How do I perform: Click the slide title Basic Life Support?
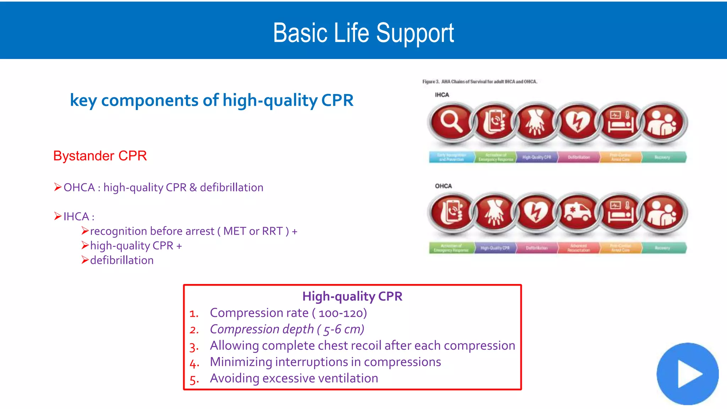(363, 33)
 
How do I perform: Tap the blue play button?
(687, 373)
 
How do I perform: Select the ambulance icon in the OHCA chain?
(578, 213)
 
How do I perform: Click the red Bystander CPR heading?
(100, 156)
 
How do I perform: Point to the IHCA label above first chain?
(442, 95)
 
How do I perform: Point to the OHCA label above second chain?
(443, 186)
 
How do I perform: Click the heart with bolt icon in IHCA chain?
(578, 122)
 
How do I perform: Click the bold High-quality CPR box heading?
(352, 296)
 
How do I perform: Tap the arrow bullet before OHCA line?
(58, 187)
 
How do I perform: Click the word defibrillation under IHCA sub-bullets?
(122, 260)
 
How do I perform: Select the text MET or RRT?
(253, 231)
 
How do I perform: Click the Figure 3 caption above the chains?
(480, 82)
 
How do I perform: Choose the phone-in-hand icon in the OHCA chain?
(451, 213)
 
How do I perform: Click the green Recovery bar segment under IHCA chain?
(662, 157)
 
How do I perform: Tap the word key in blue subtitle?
(83, 100)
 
